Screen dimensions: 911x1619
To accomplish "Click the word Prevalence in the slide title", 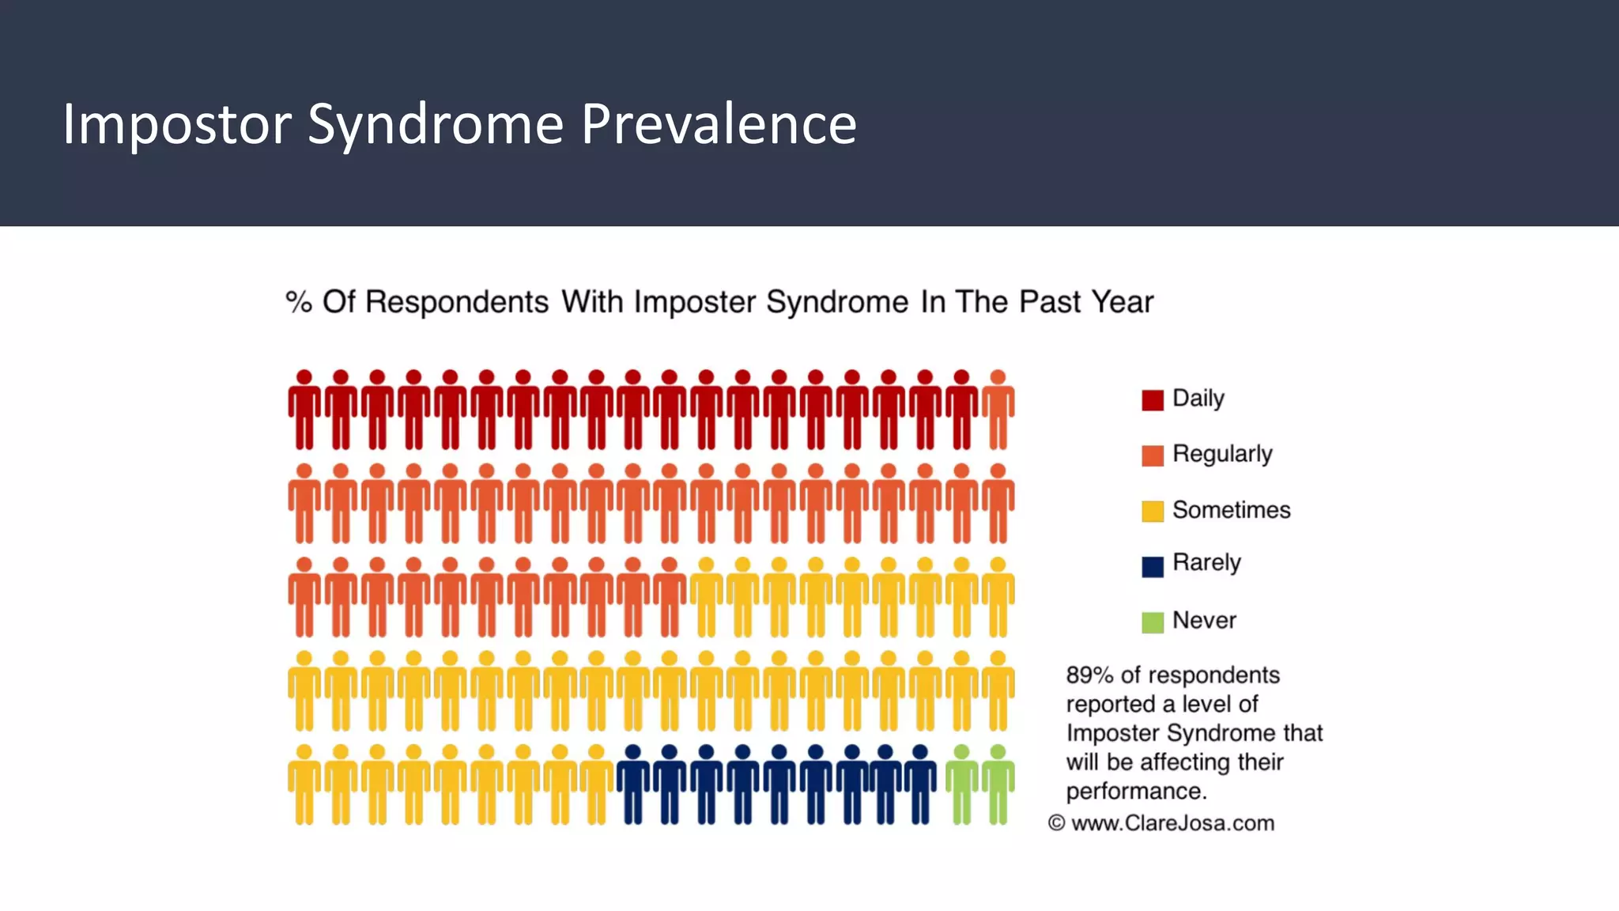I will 718,124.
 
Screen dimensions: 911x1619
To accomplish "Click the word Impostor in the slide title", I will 176,124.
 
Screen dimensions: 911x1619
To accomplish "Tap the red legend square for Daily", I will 1152,400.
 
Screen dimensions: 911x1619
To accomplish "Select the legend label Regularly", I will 1222,454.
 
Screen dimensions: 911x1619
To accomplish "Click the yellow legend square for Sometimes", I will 1152,511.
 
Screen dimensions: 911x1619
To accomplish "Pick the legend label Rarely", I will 1206,562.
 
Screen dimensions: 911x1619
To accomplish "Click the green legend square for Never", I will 1152,622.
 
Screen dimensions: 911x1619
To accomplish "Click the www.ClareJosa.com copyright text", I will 1172,823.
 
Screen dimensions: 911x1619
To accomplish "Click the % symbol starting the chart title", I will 298,302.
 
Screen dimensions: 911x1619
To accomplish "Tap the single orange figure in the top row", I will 998,410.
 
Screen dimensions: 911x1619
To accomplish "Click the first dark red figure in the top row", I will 304,410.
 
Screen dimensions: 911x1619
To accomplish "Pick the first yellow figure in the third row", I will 706,597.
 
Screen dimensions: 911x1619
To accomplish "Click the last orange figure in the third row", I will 670,597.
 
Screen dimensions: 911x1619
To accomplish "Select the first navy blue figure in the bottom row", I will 632,784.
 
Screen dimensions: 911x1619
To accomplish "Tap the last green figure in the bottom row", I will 998,784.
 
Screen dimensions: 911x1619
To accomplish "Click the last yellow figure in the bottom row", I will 596,784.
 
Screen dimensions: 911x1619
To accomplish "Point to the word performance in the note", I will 1134,791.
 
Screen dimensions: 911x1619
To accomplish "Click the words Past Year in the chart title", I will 1085,302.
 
